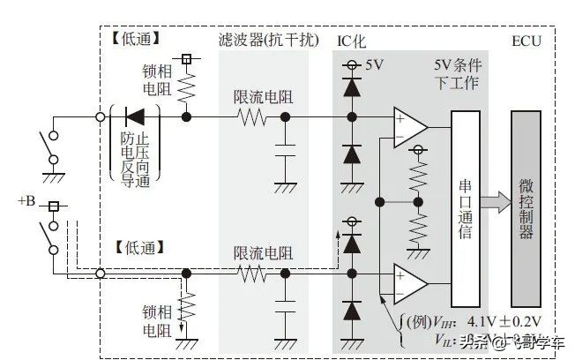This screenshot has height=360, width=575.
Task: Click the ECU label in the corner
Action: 526,41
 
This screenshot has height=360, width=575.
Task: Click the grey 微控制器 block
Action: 526,208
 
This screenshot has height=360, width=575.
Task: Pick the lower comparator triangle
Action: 411,281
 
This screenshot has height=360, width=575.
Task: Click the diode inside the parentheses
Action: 135,116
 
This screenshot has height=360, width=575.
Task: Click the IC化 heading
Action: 351,41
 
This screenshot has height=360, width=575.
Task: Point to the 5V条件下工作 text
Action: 456,74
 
